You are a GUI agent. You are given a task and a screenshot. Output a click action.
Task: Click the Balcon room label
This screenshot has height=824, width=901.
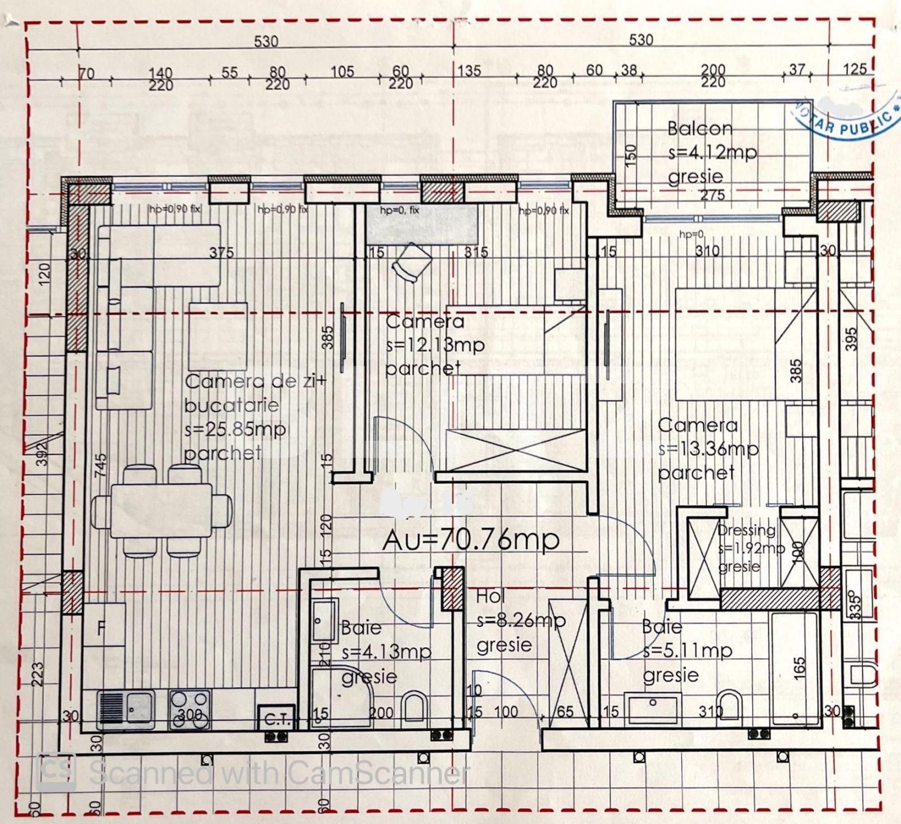[x=700, y=129]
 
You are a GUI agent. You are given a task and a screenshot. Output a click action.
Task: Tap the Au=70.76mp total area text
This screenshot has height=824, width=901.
[x=471, y=540]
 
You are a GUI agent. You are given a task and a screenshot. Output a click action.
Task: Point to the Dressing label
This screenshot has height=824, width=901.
[x=746, y=530]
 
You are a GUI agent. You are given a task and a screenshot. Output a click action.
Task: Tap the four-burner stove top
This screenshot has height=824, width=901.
[x=190, y=709]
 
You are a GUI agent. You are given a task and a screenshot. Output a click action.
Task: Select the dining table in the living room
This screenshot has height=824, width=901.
[x=162, y=511]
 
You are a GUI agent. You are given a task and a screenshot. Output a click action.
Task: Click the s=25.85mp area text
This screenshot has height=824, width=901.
[x=235, y=429]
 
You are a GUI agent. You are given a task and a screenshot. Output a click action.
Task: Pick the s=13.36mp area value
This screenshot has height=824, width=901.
[x=709, y=449]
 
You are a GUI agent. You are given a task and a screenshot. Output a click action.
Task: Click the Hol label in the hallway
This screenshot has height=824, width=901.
[x=490, y=596]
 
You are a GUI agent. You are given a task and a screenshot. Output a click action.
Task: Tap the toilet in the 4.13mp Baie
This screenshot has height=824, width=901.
[x=416, y=709]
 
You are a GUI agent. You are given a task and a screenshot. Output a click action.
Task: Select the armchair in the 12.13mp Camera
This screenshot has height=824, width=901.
[x=412, y=262]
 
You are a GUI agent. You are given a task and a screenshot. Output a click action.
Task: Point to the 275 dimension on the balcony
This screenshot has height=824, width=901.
[x=712, y=196]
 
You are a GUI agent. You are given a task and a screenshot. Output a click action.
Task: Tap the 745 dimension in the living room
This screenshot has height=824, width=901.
[x=100, y=465]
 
